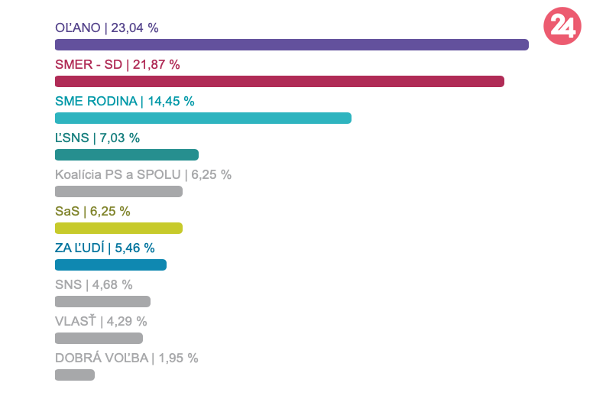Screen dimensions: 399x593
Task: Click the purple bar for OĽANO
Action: click(291, 45)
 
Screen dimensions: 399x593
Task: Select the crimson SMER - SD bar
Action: click(279, 82)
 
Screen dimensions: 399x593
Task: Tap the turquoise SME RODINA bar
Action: click(203, 118)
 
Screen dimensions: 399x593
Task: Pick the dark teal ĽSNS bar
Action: click(126, 154)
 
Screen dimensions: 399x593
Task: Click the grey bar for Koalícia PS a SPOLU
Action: click(118, 192)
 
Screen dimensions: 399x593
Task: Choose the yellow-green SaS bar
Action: click(118, 228)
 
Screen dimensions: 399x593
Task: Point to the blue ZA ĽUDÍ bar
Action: click(110, 265)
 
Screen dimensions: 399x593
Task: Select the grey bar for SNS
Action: click(102, 302)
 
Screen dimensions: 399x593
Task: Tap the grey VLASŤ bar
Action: click(99, 338)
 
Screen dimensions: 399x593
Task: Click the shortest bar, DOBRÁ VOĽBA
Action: click(74, 375)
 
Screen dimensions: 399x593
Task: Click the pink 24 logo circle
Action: click(562, 28)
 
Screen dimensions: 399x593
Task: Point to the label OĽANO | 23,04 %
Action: click(106, 28)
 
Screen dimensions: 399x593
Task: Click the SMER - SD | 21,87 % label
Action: click(117, 65)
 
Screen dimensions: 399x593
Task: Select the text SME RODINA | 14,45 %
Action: click(125, 102)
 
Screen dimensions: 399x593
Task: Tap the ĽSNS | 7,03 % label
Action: click(97, 138)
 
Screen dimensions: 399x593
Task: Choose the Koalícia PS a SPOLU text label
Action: click(143, 175)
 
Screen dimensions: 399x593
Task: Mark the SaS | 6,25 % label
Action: click(92, 212)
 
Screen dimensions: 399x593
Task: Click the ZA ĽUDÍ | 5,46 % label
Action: click(105, 248)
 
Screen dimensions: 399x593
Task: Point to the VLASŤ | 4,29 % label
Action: click(101, 322)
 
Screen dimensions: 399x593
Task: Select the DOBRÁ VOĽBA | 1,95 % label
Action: click(126, 358)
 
